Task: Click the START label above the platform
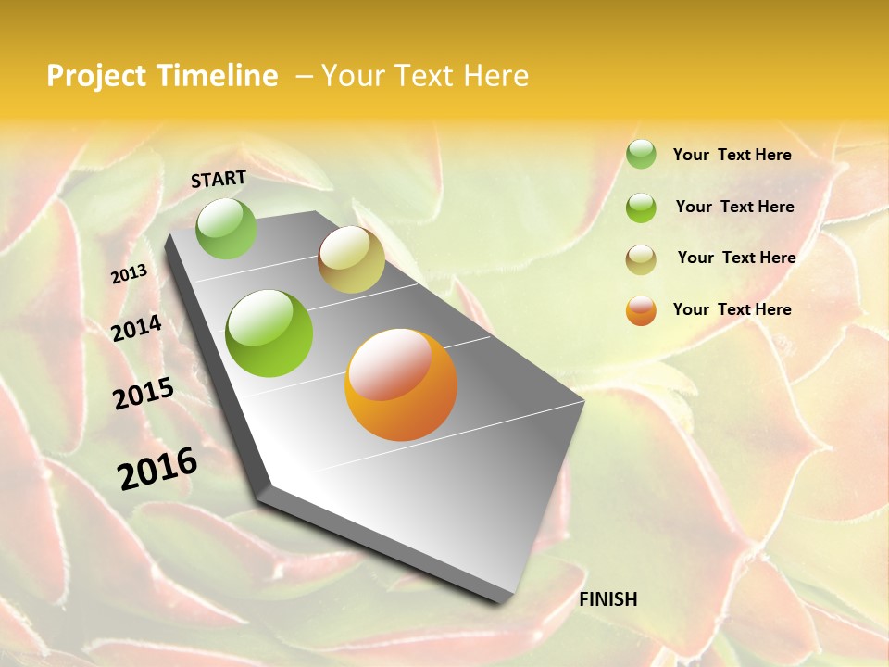[x=219, y=179]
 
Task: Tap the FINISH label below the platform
[x=607, y=599]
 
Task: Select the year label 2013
[x=129, y=274]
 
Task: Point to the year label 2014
[x=136, y=329]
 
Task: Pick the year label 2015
[x=144, y=394]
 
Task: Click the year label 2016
[x=157, y=469]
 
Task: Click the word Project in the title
[x=96, y=76]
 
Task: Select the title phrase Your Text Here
[x=425, y=76]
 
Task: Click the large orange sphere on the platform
[x=401, y=384]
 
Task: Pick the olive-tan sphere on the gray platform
[x=351, y=259]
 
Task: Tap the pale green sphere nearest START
[x=226, y=228]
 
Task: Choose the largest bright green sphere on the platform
[x=269, y=333]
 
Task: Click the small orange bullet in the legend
[x=641, y=310]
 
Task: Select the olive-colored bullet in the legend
[x=641, y=259]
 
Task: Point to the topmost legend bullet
[x=641, y=154]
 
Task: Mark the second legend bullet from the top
[x=641, y=208]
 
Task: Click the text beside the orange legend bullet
[x=732, y=309]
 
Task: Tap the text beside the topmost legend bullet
[x=732, y=155]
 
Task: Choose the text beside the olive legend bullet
[x=736, y=258]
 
